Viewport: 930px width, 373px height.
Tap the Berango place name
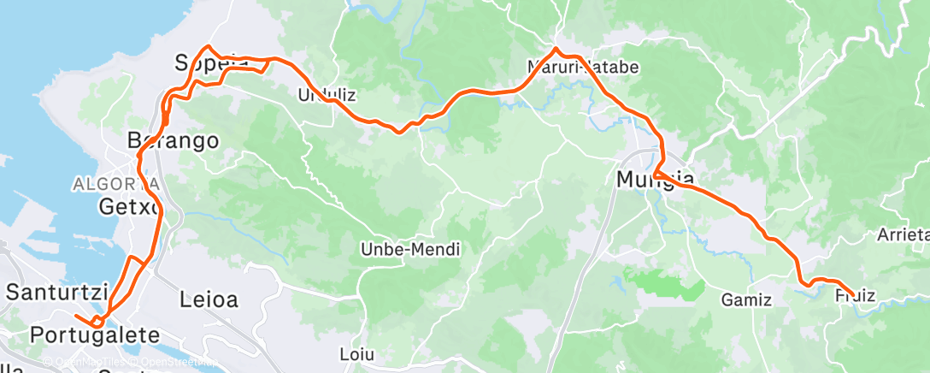pos(173,140)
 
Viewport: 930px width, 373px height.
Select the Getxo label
pos(129,207)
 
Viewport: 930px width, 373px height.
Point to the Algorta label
pos(115,183)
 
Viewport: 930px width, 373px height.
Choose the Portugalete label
pos(94,335)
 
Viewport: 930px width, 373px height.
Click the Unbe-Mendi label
pos(410,250)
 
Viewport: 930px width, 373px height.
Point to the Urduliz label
pos(326,94)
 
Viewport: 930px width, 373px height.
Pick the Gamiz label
pos(746,300)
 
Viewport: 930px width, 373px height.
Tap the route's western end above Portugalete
pos(75,317)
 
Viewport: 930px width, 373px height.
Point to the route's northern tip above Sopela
pos(208,46)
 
